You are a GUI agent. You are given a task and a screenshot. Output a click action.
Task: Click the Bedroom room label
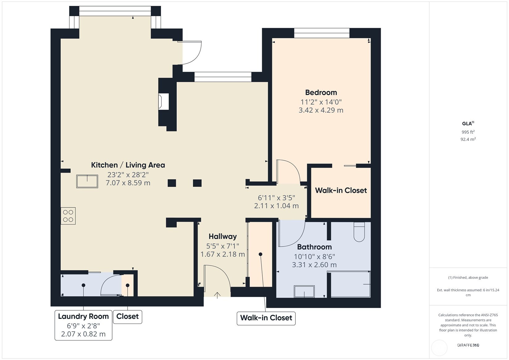pyautogui.click(x=321, y=92)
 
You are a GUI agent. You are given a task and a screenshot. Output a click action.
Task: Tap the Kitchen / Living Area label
pyautogui.click(x=128, y=165)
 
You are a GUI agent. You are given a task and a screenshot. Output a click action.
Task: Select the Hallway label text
pyautogui.click(x=223, y=236)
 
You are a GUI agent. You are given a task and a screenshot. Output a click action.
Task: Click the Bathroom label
pyautogui.click(x=314, y=247)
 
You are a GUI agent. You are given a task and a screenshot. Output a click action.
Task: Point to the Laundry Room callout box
pyautogui.click(x=83, y=325)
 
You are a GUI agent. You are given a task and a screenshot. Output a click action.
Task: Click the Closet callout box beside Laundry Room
pyautogui.click(x=127, y=317)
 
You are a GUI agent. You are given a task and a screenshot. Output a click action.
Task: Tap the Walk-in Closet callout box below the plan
pyautogui.click(x=266, y=318)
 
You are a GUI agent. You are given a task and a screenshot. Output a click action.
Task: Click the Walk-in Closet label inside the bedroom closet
pyautogui.click(x=341, y=190)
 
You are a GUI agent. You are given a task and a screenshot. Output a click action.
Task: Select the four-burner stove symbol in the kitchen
pyautogui.click(x=68, y=216)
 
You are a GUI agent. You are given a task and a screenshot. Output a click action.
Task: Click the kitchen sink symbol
pyautogui.click(x=87, y=181)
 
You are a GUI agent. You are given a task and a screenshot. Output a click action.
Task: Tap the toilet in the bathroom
pyautogui.click(x=359, y=233)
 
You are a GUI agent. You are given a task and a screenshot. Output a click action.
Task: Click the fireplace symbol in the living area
pyautogui.click(x=163, y=101)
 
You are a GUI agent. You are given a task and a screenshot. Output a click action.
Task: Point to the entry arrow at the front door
pyautogui.click(x=217, y=295)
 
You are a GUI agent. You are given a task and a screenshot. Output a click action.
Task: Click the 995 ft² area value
pyautogui.click(x=468, y=132)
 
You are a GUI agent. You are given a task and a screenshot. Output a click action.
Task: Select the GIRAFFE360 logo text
pyautogui.click(x=468, y=345)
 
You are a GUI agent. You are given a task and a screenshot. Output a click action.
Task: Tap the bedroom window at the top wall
pyautogui.click(x=321, y=33)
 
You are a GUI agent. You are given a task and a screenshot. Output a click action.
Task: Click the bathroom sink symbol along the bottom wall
pyautogui.click(x=304, y=291)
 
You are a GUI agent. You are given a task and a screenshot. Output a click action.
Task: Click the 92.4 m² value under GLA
pyautogui.click(x=468, y=139)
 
